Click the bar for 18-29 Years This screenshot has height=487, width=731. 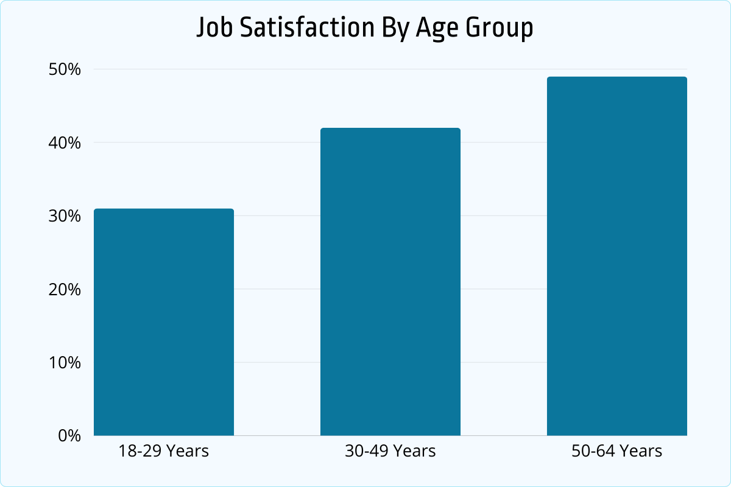click(164, 322)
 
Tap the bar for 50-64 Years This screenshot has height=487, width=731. click(616, 256)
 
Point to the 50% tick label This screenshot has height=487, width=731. click(64, 69)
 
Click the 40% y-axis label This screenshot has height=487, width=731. click(64, 143)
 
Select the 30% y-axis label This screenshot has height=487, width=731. click(64, 216)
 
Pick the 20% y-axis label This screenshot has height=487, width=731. click(64, 289)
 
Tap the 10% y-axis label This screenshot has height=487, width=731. click(64, 363)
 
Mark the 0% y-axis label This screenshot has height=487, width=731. click(68, 436)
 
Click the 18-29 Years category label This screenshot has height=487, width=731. click(164, 451)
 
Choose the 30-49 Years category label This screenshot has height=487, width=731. click(390, 451)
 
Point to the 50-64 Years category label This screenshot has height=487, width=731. click(616, 451)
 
